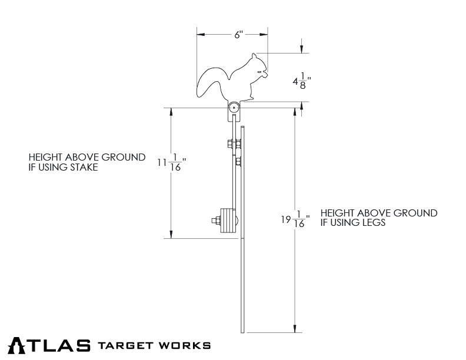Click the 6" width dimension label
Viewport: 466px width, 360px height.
pos(238,35)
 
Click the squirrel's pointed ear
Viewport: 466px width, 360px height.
pos(254,56)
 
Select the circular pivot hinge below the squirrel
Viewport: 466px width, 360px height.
pos(234,108)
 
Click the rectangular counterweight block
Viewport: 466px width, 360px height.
pos(226,222)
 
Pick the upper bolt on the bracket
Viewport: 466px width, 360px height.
pos(231,143)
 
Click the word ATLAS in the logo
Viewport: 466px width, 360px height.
pos(49,345)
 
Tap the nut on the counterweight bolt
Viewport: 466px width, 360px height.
pos(215,222)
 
